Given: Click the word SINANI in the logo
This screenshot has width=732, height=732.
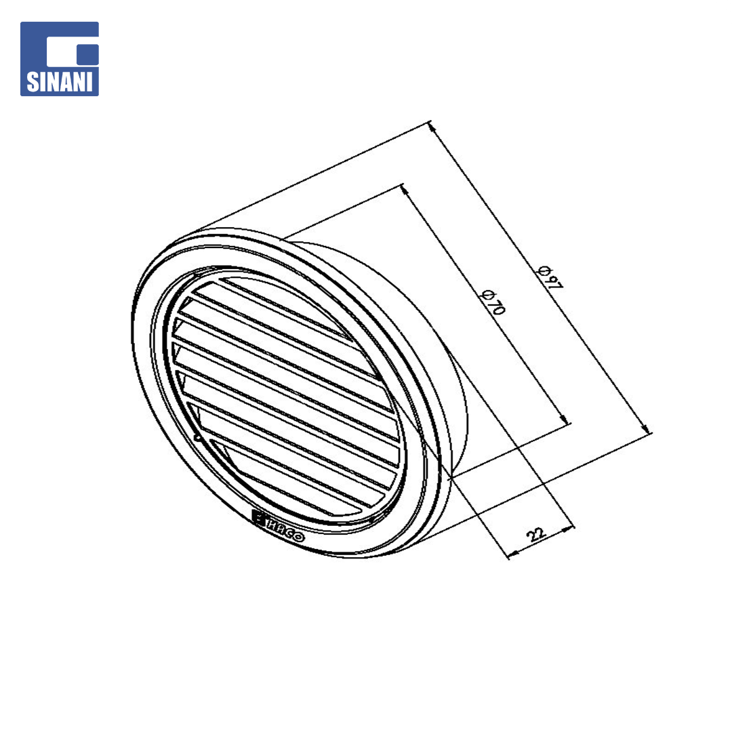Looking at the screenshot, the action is (x=59, y=81).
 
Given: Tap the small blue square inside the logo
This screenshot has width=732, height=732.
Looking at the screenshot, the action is (x=87, y=55).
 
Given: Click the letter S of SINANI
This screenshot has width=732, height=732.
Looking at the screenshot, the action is (x=33, y=81).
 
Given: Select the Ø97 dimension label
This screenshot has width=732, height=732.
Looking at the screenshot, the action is (x=550, y=277).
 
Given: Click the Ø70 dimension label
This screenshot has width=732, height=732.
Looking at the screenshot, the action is (x=493, y=302).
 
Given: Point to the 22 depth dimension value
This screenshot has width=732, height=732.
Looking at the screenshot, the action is (x=536, y=533).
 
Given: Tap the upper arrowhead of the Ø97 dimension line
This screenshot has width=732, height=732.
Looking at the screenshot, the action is (x=432, y=127).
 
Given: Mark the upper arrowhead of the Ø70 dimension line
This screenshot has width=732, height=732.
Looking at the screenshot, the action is (x=405, y=189).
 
